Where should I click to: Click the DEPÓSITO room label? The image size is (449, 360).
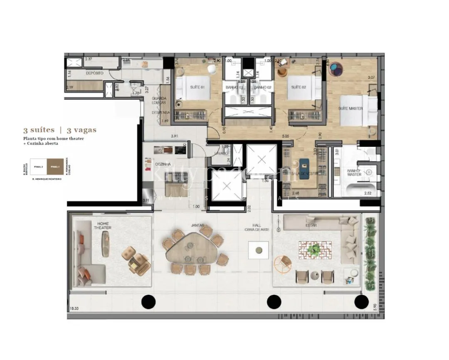tap(94, 73)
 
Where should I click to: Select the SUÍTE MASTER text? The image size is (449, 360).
tap(350, 108)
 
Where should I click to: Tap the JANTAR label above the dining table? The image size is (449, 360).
tap(198, 225)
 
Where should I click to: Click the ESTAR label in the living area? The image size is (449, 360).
tap(311, 225)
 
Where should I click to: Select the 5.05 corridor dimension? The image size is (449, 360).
tap(286, 136)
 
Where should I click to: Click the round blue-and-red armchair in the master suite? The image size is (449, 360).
tap(338, 69)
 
